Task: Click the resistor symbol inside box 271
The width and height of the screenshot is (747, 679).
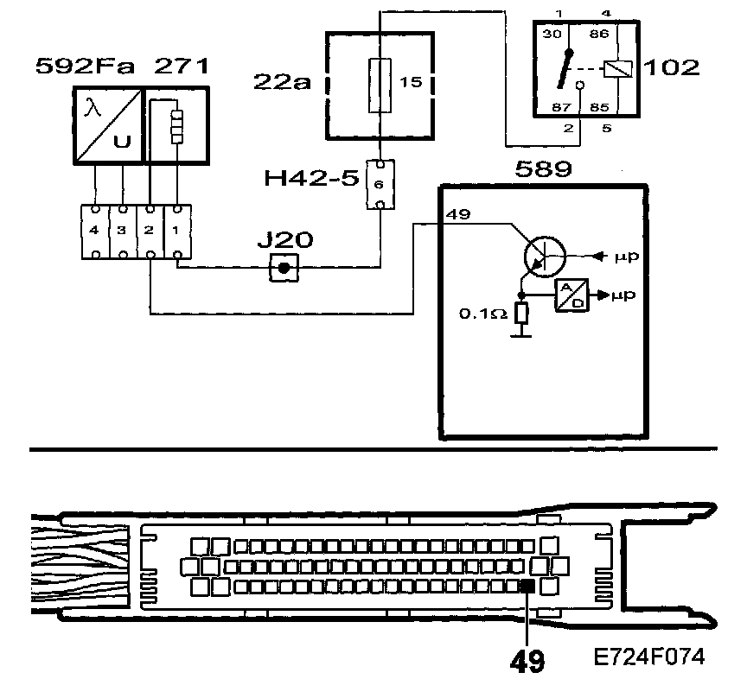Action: tap(177, 125)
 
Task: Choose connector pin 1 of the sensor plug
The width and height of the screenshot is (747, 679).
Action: tap(176, 232)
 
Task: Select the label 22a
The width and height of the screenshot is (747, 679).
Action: tap(281, 83)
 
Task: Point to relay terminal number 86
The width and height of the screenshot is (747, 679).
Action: tap(597, 35)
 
